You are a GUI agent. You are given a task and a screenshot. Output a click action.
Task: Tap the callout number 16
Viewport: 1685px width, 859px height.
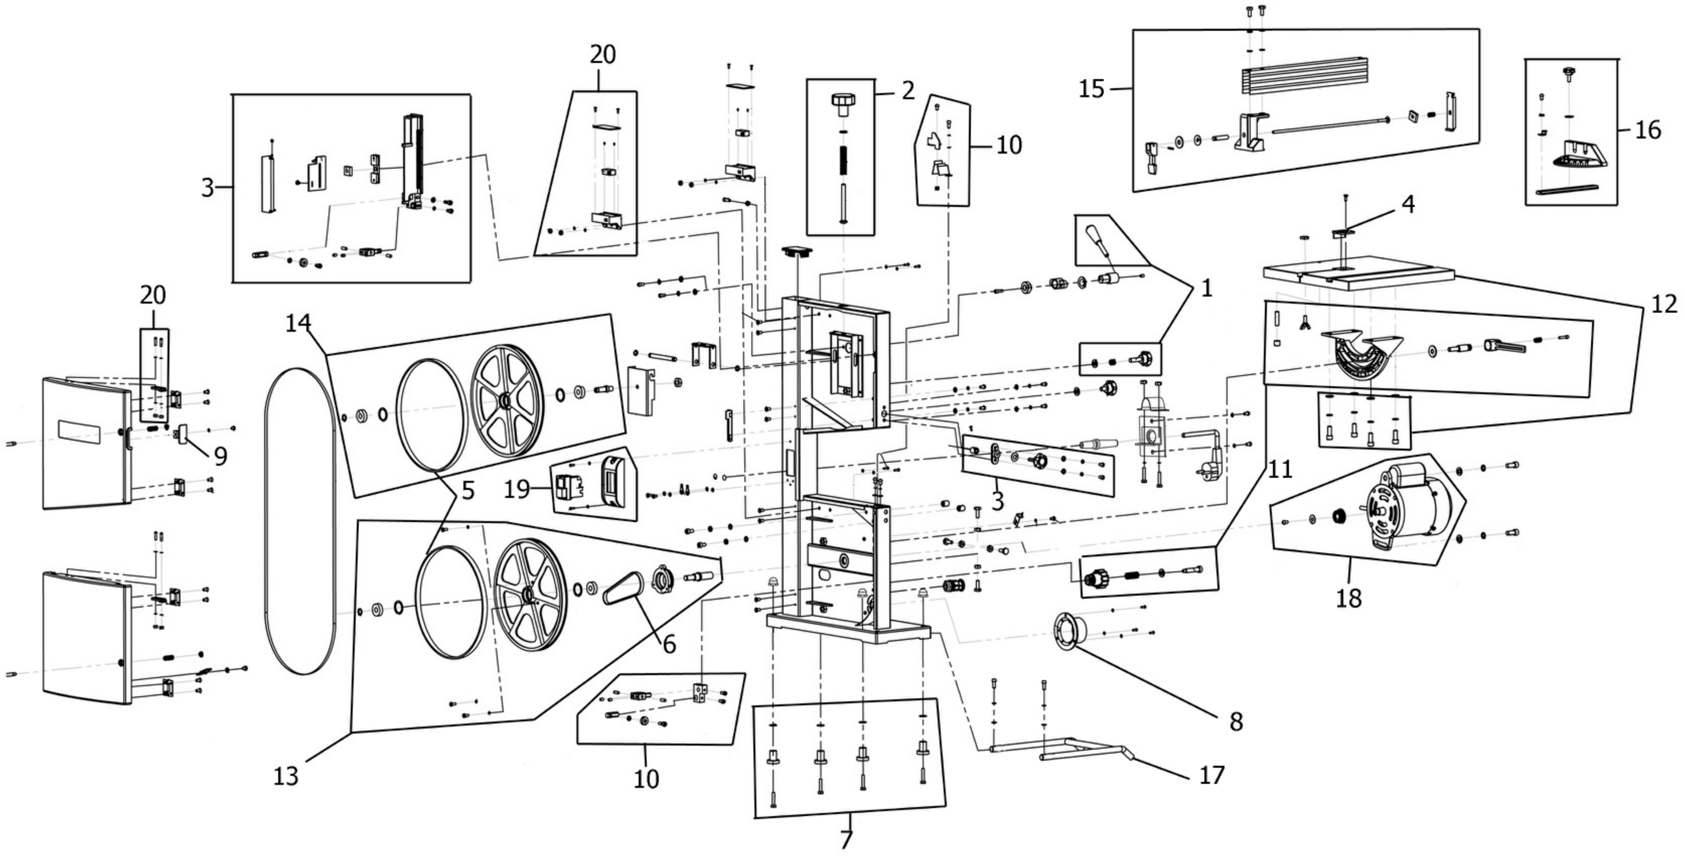point(1648,130)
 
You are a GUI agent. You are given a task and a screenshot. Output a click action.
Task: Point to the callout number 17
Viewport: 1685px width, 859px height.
point(1211,775)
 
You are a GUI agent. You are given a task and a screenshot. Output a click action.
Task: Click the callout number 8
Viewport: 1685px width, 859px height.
point(1236,722)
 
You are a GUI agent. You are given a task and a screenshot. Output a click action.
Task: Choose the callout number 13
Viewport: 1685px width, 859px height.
point(286,776)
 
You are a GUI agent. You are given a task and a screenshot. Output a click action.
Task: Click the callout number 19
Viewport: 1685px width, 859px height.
point(517,489)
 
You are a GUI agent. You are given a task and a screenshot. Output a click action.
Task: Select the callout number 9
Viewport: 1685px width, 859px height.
point(220,456)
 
